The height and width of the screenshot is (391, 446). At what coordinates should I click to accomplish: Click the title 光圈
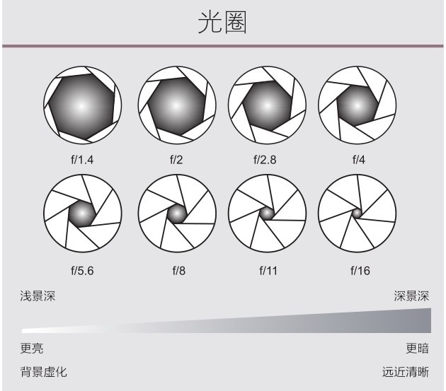[x=222, y=23]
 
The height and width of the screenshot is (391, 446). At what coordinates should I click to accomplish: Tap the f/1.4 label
[x=82, y=160]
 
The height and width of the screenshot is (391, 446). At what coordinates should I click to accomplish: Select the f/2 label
[x=176, y=160]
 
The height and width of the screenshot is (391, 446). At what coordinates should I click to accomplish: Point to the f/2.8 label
[x=265, y=160]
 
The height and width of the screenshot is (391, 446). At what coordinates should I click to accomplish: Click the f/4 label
[x=359, y=160]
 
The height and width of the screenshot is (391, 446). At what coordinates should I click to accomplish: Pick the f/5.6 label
[x=82, y=271]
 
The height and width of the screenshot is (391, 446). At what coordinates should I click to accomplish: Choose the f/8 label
[x=179, y=271]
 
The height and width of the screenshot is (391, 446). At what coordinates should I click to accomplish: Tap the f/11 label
[x=268, y=271]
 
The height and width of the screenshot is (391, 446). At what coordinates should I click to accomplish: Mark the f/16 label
[x=360, y=271]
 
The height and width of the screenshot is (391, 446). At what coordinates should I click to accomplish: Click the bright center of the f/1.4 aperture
[x=81, y=106]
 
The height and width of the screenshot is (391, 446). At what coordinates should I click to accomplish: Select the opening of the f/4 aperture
[x=358, y=106]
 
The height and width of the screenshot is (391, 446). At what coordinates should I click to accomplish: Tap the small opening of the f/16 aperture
[x=357, y=213]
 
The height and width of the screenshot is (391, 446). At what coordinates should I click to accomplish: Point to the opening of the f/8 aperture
[x=177, y=214]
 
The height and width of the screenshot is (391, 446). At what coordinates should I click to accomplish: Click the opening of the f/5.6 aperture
[x=82, y=214]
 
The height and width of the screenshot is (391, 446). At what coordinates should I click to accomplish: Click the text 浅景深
[x=38, y=296]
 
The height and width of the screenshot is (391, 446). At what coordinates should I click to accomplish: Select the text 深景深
[x=411, y=296]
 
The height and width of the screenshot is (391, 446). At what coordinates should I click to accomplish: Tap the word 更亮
[x=32, y=348]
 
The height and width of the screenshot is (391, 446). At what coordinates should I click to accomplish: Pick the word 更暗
[x=417, y=348]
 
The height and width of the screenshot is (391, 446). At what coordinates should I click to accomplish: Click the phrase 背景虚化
[x=43, y=372]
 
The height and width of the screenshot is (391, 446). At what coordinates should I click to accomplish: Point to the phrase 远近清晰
[x=406, y=372]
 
